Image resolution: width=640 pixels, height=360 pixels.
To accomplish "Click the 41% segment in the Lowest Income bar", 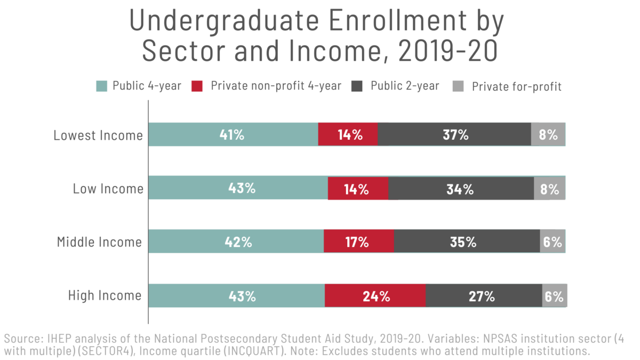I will (233, 134).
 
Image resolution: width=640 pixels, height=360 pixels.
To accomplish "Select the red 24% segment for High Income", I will (375, 296).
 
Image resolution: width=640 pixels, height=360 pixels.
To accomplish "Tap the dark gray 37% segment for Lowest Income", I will (454, 134).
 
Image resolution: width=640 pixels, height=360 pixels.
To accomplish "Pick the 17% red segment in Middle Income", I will (358, 242).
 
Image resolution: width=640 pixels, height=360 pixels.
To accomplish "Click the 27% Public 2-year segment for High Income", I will (484, 296).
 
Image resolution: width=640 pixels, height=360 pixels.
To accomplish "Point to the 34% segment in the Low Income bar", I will (461, 188).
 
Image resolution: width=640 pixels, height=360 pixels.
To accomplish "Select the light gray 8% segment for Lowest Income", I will (548, 134).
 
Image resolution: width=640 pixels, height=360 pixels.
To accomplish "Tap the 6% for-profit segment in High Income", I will (554, 296).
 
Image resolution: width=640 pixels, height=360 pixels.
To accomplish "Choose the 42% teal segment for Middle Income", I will (236, 242).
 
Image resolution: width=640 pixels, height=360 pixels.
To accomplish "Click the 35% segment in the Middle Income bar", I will (467, 242).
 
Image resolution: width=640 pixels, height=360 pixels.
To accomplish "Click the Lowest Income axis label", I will (98, 135).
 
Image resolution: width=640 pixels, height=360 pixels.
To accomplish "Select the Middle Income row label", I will (99, 242).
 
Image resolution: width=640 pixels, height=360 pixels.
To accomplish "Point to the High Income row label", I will (105, 295).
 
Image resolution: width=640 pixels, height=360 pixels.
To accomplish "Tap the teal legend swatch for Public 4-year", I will (102, 86).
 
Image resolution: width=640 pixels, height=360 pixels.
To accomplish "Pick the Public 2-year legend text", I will (405, 86).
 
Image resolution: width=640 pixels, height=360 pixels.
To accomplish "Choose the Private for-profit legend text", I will (516, 86).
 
